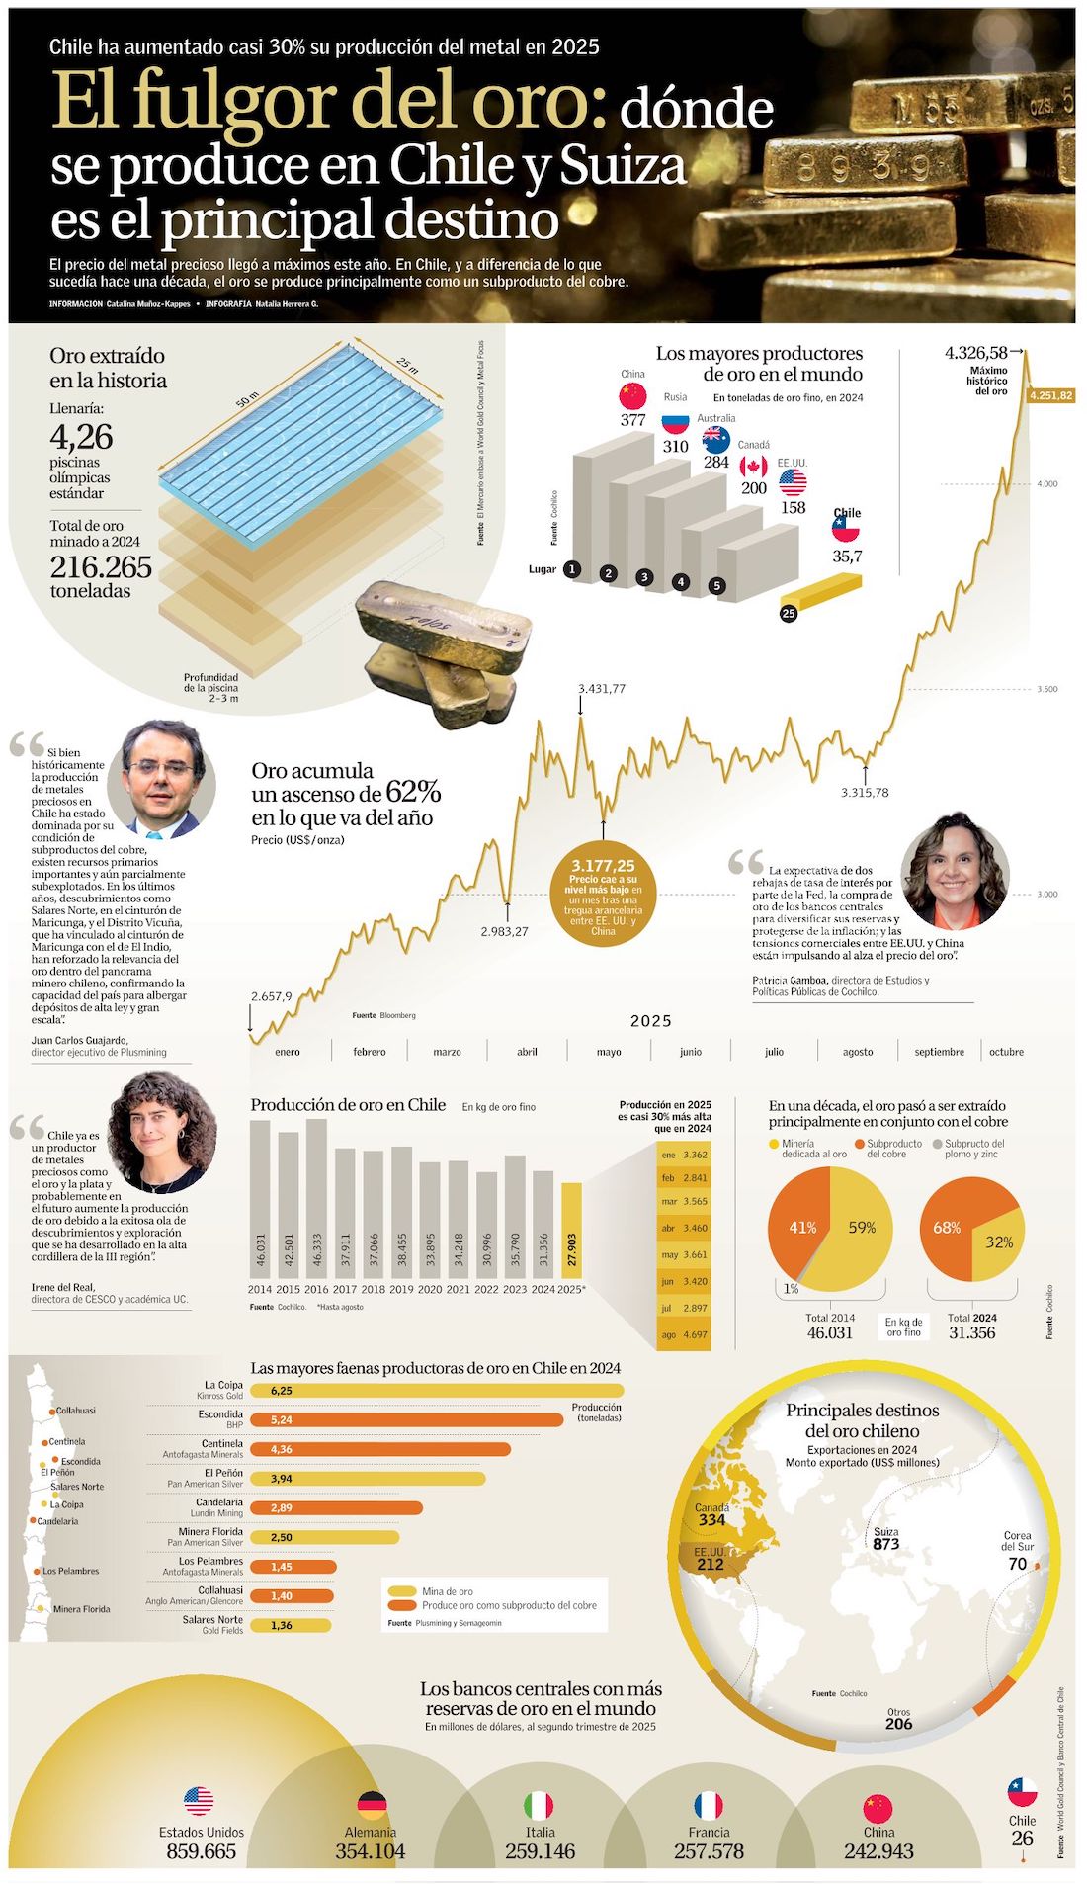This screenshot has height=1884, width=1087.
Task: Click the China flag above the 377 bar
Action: (x=632, y=396)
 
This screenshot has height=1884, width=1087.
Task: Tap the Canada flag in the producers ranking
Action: (x=754, y=467)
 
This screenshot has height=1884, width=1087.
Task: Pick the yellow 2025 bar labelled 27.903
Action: (x=572, y=1231)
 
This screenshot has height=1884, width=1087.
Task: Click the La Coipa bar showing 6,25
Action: (x=435, y=1391)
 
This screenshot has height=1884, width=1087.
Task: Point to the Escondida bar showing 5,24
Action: (x=405, y=1420)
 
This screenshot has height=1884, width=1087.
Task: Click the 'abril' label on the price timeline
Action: (x=527, y=1052)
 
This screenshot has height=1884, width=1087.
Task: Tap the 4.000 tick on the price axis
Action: (x=1047, y=484)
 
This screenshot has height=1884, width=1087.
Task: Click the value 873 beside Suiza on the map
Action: (x=886, y=1544)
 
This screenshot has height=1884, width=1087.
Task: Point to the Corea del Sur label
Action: (x=1017, y=1541)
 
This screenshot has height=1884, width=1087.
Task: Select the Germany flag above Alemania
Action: (x=372, y=1805)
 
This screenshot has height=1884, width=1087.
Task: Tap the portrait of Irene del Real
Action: (x=161, y=1132)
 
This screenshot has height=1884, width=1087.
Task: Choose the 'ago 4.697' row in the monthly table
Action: (x=684, y=1334)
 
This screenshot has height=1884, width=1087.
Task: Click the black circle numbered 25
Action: (x=789, y=614)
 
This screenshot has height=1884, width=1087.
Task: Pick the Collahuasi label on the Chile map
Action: (x=75, y=1411)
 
